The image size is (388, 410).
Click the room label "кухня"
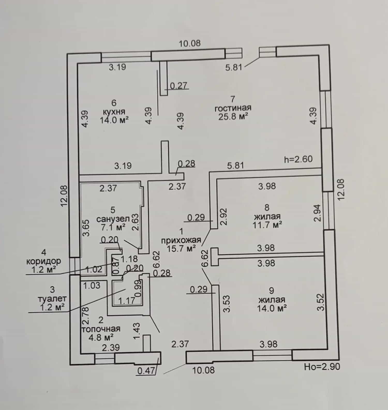[x=114, y=112]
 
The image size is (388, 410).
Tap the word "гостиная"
[x=233, y=108]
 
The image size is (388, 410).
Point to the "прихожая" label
[x=181, y=240]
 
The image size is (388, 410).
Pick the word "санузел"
[x=113, y=219]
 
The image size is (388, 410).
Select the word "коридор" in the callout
[x=44, y=261]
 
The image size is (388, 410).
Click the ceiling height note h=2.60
[x=298, y=159]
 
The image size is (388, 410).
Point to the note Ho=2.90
[x=322, y=366]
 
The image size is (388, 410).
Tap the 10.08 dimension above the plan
[x=190, y=43]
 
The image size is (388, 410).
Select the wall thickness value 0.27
[x=178, y=85]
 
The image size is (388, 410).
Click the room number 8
[x=267, y=207]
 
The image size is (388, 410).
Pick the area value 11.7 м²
[x=267, y=225]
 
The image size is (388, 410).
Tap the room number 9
[x=271, y=291]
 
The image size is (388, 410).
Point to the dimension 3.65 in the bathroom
[x=86, y=228]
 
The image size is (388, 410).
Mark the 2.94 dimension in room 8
[x=318, y=213]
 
